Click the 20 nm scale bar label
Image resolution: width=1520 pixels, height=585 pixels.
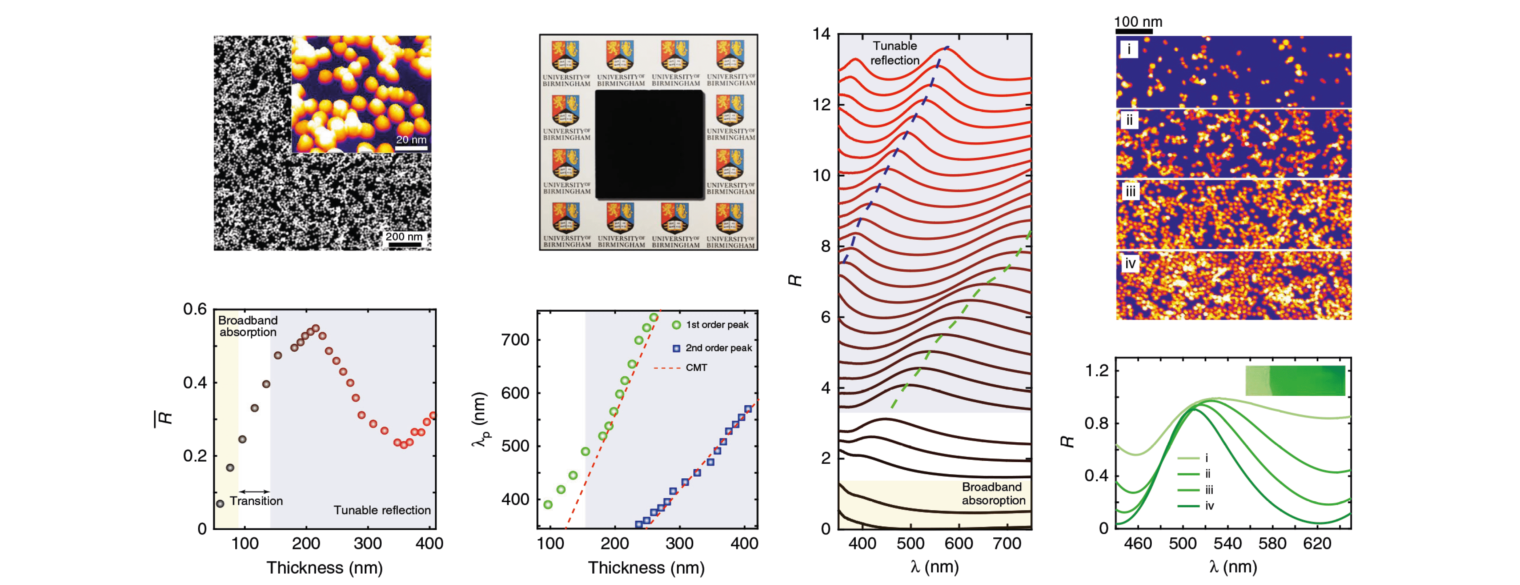(411, 140)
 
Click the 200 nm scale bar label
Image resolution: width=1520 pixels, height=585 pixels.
(403, 237)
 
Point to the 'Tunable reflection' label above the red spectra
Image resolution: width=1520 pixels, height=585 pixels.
(895, 53)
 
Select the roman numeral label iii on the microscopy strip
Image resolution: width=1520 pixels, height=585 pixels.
(1130, 192)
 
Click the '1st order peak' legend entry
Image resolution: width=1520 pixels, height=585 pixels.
(716, 325)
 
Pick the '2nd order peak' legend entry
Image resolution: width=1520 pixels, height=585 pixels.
(718, 348)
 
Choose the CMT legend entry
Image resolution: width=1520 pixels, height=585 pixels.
(696, 368)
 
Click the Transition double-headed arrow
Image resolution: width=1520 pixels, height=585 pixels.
(254, 491)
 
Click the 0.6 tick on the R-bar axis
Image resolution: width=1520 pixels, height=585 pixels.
(195, 309)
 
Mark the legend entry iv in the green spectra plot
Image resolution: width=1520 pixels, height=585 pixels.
(1209, 506)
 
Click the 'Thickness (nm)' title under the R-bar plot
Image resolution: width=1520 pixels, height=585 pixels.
(325, 568)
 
